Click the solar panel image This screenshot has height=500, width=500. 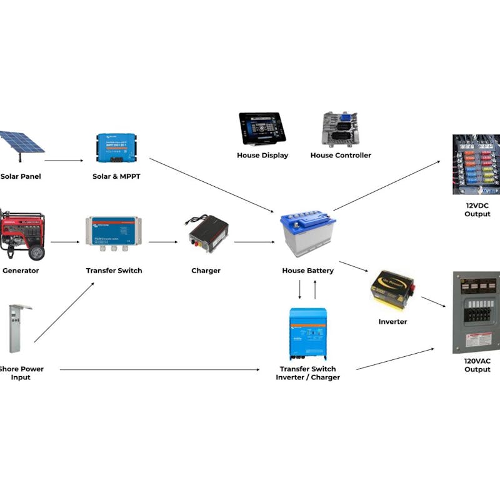point(22,142)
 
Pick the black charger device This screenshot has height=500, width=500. point(207,233)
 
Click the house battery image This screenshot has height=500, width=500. point(308,234)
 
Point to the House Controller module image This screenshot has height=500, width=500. point(340,129)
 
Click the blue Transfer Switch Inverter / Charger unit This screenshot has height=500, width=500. point(307,334)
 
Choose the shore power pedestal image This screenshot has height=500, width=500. point(19,328)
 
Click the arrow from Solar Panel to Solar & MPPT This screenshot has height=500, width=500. point(64,161)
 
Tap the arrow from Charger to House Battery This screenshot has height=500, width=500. point(254,242)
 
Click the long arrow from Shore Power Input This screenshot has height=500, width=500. point(159,370)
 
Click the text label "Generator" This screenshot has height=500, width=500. point(21,271)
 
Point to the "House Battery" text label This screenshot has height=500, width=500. point(308,271)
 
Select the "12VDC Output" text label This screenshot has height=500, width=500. point(477,209)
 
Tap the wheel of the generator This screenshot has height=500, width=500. point(37,252)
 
